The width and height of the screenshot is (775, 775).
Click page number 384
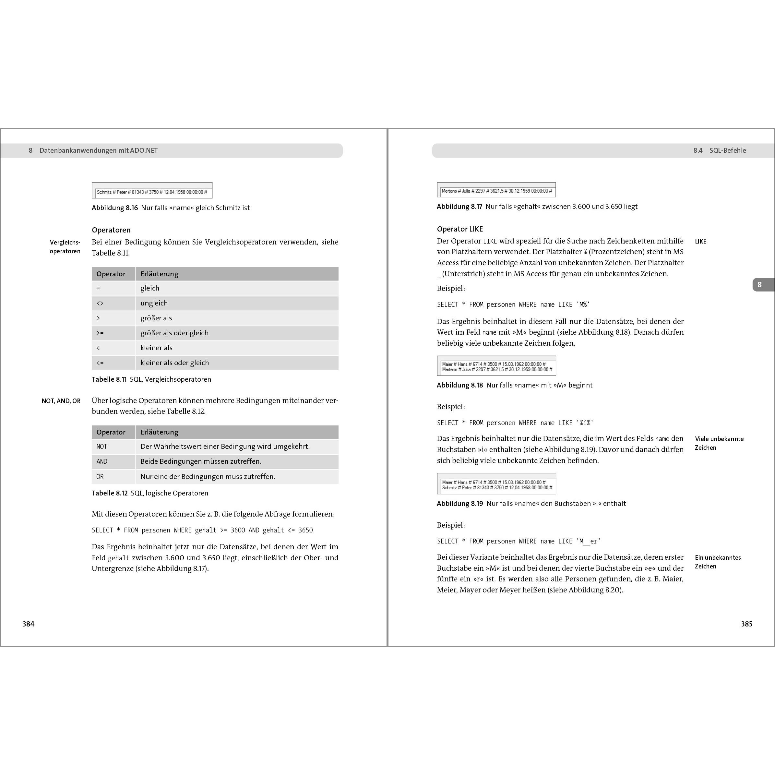point(29,624)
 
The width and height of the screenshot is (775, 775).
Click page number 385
point(746,624)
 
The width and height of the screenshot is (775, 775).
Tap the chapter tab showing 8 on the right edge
point(759,285)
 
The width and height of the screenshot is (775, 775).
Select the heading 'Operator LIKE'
point(460,229)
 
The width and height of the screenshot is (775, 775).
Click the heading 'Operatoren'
point(111,230)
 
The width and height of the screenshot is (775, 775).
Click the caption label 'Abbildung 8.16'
point(115,208)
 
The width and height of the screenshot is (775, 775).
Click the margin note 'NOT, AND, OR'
point(61,401)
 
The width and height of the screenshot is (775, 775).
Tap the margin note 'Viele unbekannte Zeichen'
point(719,443)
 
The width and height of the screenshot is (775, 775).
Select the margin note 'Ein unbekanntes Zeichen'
point(718,562)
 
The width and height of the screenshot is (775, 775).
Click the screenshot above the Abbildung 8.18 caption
point(496,366)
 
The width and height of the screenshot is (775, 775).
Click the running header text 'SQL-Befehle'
point(728,150)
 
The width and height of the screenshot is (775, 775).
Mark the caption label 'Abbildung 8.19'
point(460,504)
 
